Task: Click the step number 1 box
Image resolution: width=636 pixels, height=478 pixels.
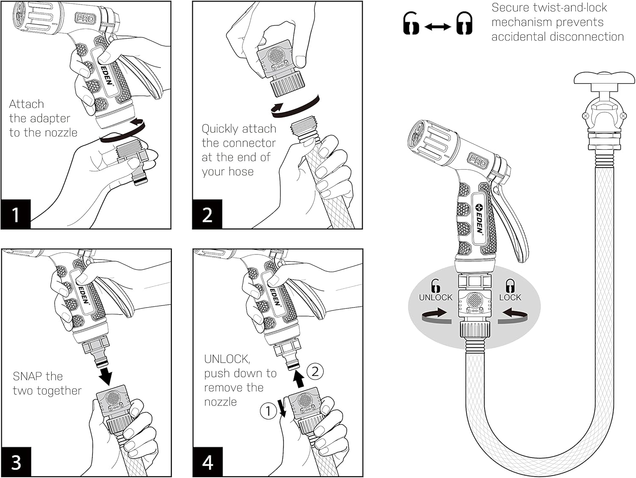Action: tap(16, 214)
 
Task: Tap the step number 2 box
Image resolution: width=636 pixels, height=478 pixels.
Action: tap(207, 214)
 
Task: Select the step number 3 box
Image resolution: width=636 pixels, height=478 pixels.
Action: tap(16, 462)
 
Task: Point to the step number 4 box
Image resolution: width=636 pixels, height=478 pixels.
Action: tap(207, 462)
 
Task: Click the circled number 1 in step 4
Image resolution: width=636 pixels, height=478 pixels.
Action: tap(268, 411)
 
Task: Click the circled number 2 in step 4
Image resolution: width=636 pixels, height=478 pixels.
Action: tap(315, 372)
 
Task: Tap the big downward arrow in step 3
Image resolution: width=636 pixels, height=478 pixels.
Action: tap(104, 374)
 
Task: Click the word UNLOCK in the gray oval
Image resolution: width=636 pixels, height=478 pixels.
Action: tap(435, 297)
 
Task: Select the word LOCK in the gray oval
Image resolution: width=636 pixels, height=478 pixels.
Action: tap(510, 297)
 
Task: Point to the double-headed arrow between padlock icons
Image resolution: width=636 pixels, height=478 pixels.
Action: tap(438, 27)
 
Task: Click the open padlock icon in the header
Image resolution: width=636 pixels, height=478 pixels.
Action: tap(410, 23)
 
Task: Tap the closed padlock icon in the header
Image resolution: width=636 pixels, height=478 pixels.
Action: tap(464, 23)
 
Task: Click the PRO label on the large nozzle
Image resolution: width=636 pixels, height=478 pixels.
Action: tap(477, 161)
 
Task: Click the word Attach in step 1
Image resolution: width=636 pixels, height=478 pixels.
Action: tap(26, 104)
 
